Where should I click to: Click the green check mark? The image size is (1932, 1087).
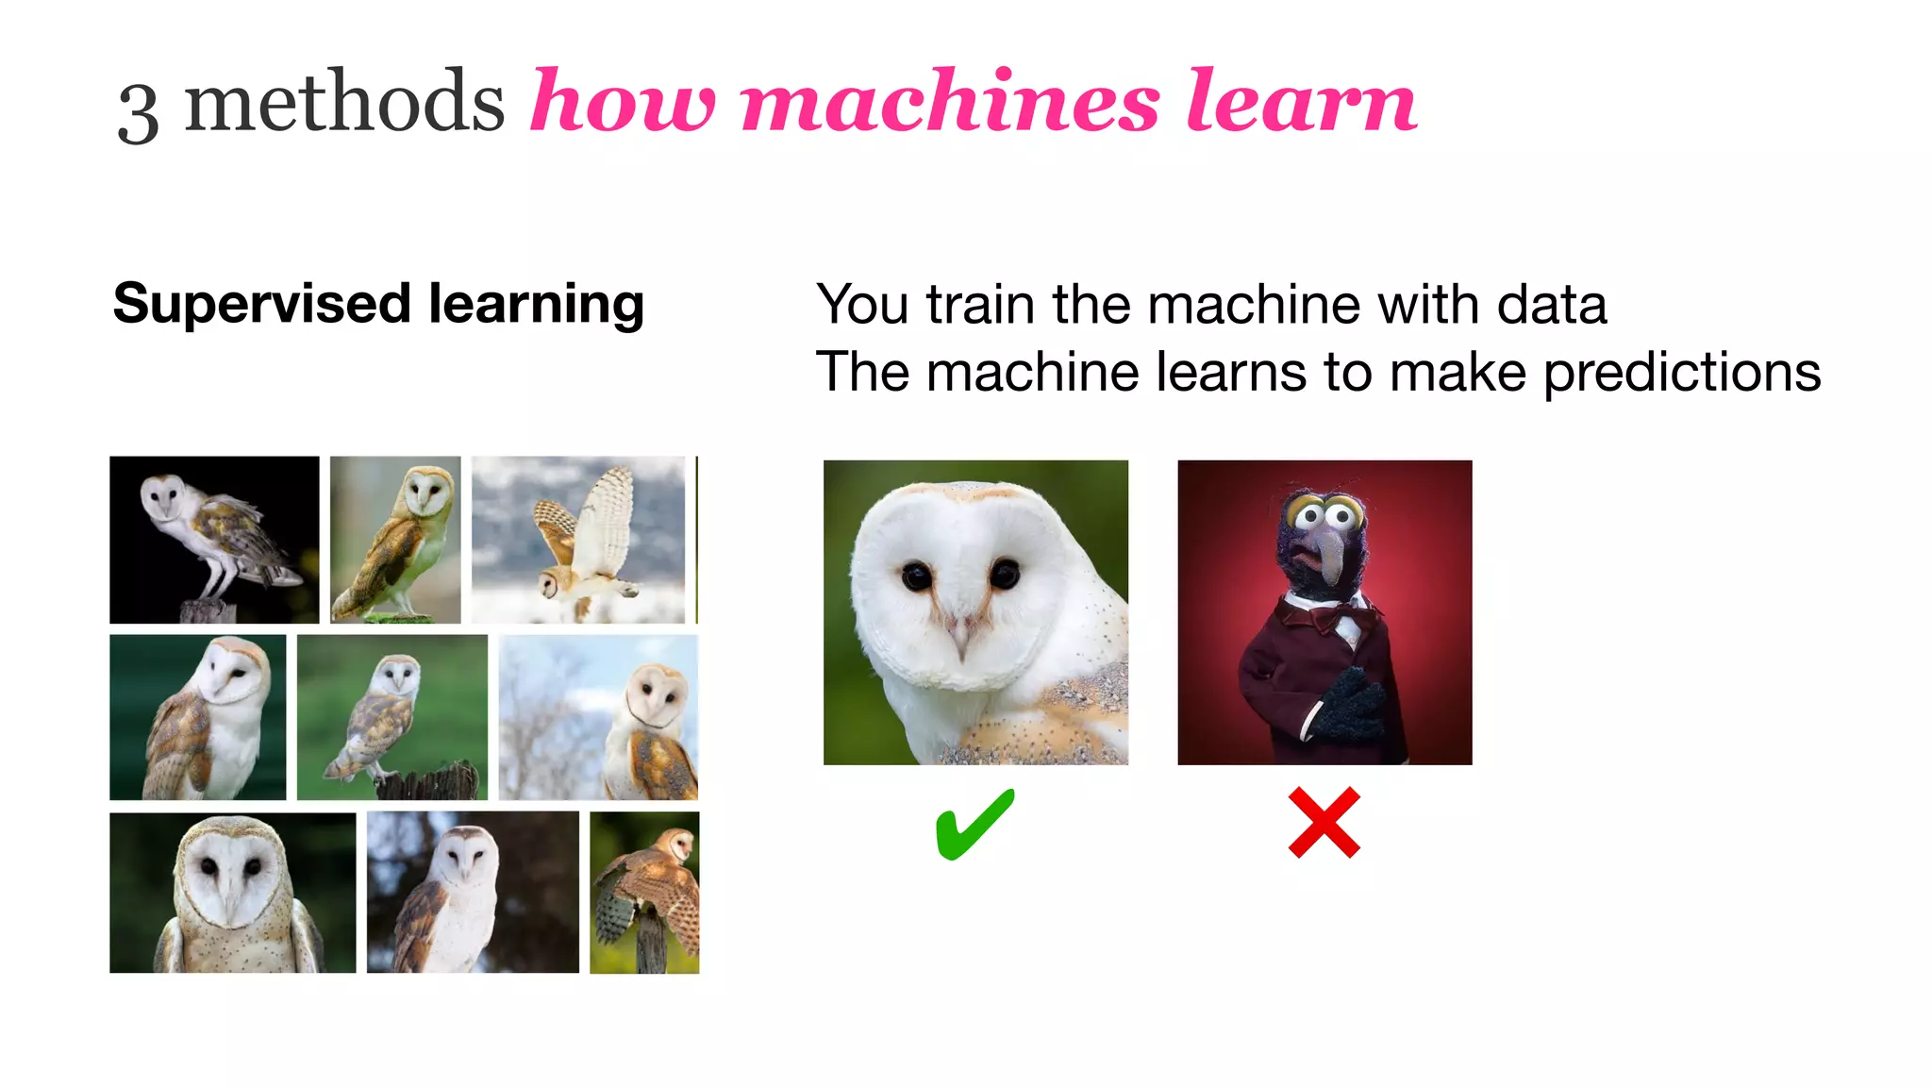click(974, 824)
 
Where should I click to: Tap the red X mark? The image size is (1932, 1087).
click(1324, 823)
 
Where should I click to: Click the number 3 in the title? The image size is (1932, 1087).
click(138, 111)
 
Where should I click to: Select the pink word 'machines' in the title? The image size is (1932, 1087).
click(950, 102)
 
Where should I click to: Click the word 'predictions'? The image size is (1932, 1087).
click(1682, 373)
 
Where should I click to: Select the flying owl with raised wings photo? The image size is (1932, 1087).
click(578, 540)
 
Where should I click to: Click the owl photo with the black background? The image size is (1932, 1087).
click(214, 540)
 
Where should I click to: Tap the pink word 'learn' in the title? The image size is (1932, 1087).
click(1302, 102)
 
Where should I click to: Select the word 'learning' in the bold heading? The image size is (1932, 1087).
click(536, 306)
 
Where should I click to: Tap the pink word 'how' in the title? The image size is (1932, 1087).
click(623, 102)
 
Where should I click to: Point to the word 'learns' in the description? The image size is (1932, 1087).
click(1230, 373)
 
